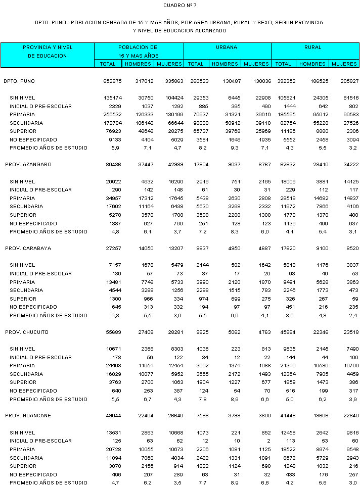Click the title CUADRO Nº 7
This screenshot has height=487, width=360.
pos(180,5)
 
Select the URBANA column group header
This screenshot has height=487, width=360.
pos(227,47)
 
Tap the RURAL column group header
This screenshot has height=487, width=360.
pos(313,47)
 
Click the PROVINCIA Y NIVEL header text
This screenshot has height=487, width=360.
pos(48,47)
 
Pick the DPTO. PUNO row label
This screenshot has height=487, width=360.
pos(19,81)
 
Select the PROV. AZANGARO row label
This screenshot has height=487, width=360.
pos(28,165)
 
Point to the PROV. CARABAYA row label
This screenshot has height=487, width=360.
pos(28,249)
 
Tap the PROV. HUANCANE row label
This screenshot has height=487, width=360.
pos(28,416)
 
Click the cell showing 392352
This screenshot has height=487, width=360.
pos(283,81)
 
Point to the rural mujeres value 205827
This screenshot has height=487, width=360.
pos(349,81)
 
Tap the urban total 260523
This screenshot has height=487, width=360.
pos(195,81)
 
